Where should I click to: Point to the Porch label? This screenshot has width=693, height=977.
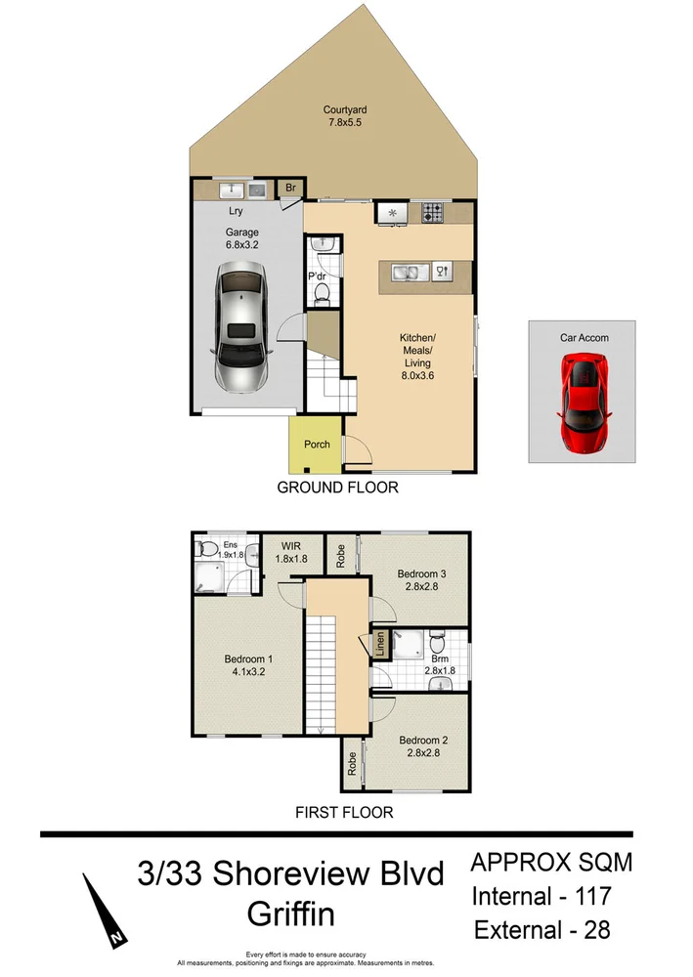[x=317, y=445]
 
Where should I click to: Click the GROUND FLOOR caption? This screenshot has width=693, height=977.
[x=338, y=487]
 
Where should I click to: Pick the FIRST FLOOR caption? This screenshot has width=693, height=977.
[x=344, y=812]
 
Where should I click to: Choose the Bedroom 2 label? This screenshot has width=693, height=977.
[x=422, y=741]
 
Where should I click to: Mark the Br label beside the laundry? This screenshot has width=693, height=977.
[x=290, y=188]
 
